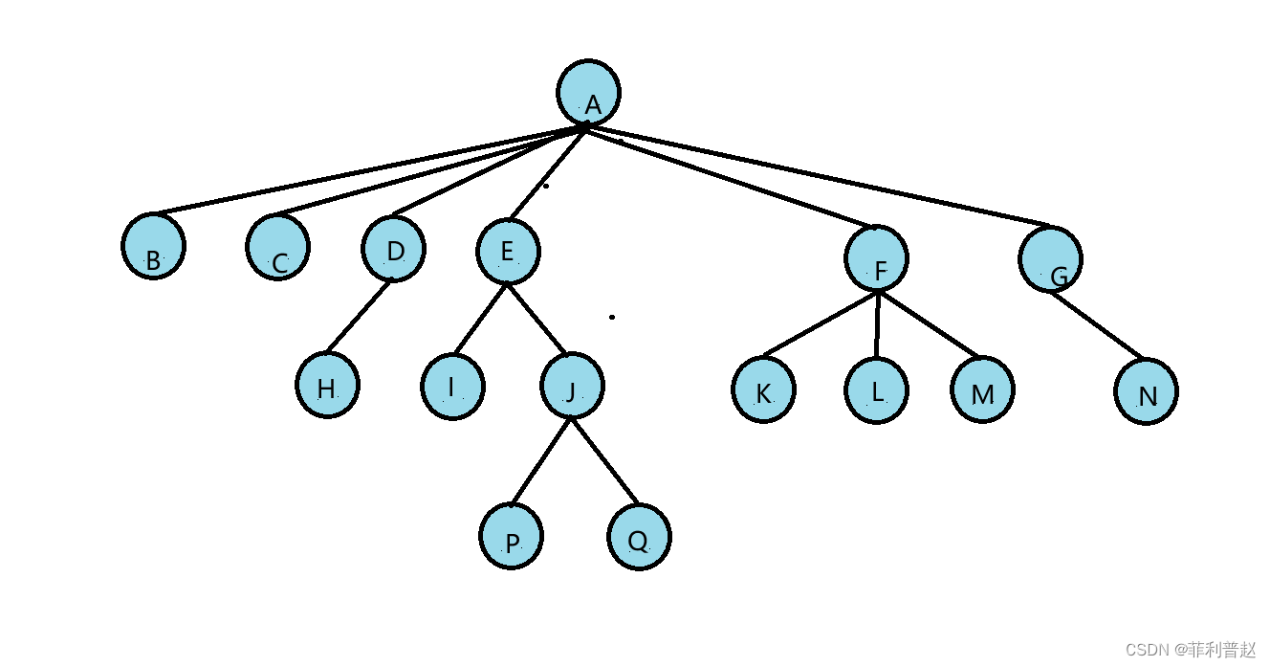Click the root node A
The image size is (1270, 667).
tap(589, 93)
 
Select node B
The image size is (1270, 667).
tap(153, 246)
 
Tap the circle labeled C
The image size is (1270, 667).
tap(277, 247)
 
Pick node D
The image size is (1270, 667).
tap(394, 249)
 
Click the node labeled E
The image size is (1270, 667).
tap(508, 252)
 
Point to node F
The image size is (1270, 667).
tap(877, 257)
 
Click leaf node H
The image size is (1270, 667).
tap(327, 386)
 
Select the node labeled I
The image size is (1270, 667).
tap(452, 387)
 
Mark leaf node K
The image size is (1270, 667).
tap(763, 389)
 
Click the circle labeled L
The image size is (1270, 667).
tap(877, 390)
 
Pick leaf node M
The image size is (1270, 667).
tap(982, 391)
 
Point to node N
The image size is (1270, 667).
tap(1146, 392)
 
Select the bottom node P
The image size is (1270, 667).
tap(512, 537)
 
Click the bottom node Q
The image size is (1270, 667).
tap(639, 537)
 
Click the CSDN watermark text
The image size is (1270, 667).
tap(1190, 650)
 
